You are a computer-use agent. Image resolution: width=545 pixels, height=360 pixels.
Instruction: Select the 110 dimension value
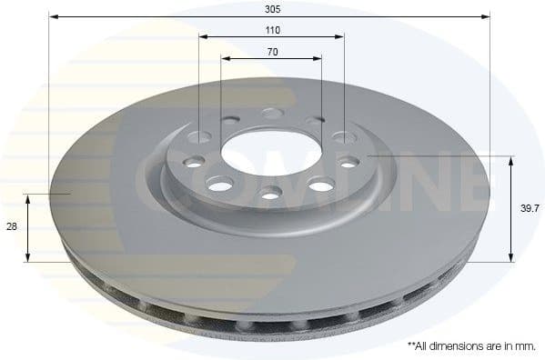272,29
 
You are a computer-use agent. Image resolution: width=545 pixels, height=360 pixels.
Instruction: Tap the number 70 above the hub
272,51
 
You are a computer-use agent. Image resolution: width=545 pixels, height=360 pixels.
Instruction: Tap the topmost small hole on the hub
271,114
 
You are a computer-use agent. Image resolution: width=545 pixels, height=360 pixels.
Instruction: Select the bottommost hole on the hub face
270,192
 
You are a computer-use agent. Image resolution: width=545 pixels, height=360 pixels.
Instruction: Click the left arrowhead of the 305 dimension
52,16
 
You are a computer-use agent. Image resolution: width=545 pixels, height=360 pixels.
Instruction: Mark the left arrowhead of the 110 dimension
202,37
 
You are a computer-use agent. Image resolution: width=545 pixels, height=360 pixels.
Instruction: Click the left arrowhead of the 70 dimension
224,58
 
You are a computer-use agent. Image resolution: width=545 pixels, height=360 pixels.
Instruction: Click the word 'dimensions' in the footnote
454,346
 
